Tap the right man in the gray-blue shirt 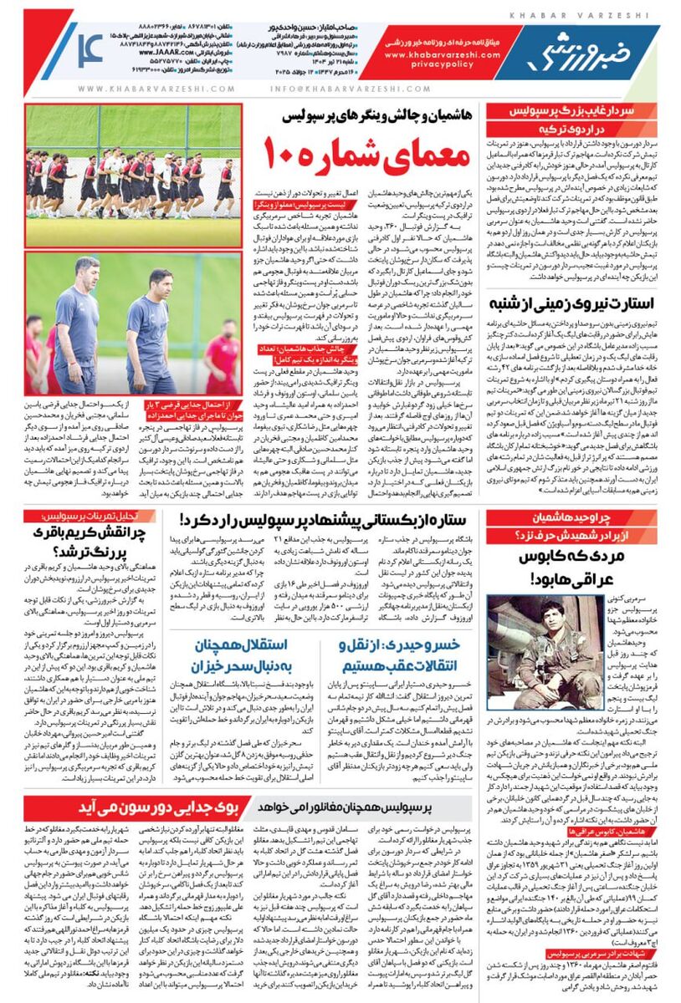151,330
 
